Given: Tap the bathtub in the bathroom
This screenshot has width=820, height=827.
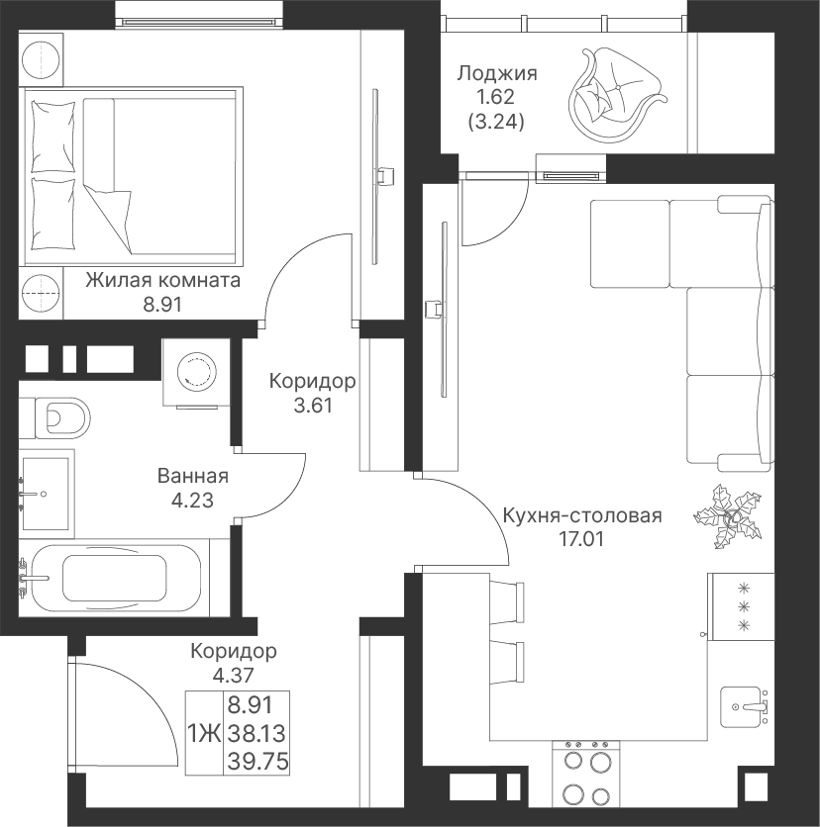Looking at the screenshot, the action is pos(116,577).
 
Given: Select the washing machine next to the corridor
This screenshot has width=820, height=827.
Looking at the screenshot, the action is pos(196,372).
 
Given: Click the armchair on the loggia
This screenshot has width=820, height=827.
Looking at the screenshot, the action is pos(616,94).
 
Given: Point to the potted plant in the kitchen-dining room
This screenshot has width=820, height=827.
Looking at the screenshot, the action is pos(729,516).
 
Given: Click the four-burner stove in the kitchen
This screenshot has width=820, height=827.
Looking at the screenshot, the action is pos(586,782).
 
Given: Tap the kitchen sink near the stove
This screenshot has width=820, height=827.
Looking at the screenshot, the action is pos(745,705).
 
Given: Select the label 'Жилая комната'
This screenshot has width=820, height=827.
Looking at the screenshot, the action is pos(163,280).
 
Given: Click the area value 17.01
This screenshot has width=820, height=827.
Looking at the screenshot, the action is pos(580,539).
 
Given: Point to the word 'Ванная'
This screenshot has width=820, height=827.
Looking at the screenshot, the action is pos(193,476).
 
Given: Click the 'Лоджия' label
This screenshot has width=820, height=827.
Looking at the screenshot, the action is pos(497,73).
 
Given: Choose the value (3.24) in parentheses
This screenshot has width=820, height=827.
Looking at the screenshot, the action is pos(496,122).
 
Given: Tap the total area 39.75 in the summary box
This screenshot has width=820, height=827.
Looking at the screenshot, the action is pos(258,761).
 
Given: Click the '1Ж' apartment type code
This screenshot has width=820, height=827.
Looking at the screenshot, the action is pos(204,734).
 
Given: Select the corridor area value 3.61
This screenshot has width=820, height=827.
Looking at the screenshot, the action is pos(313,405).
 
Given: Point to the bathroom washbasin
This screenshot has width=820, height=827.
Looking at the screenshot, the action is pos(47,495).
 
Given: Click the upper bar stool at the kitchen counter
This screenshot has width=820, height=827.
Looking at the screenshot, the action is pos(507,602).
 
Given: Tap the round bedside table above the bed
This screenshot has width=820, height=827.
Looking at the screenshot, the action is pos(41,59).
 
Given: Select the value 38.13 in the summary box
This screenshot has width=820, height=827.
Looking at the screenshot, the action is pos(257,733).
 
